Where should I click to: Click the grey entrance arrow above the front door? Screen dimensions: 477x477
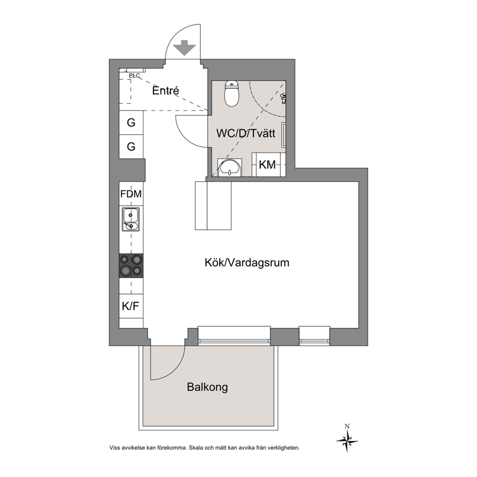click(184, 48)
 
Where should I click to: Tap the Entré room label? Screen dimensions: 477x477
click(165, 91)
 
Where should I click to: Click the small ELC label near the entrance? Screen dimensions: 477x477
click(134, 75)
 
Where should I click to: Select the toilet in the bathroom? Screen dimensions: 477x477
click(232, 93)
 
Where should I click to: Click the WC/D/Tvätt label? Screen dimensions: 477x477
click(246, 133)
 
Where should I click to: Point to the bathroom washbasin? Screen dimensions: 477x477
click(230, 167)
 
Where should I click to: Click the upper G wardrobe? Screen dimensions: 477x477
click(131, 123)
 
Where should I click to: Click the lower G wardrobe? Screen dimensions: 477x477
click(131, 147)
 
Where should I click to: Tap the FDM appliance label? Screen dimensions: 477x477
click(131, 194)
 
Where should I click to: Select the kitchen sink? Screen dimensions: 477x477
click(131, 219)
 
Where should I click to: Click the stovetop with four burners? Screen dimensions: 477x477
click(131, 265)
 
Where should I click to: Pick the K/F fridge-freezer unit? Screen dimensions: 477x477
click(131, 306)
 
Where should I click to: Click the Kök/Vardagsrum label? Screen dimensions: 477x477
click(247, 263)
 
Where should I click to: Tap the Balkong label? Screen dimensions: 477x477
click(207, 387)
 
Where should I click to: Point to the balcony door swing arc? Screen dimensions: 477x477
click(176, 370)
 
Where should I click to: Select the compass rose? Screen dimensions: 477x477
click(347, 440)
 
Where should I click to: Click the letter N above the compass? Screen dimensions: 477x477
click(347, 426)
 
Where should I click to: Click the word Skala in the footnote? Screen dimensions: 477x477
click(196, 448)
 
